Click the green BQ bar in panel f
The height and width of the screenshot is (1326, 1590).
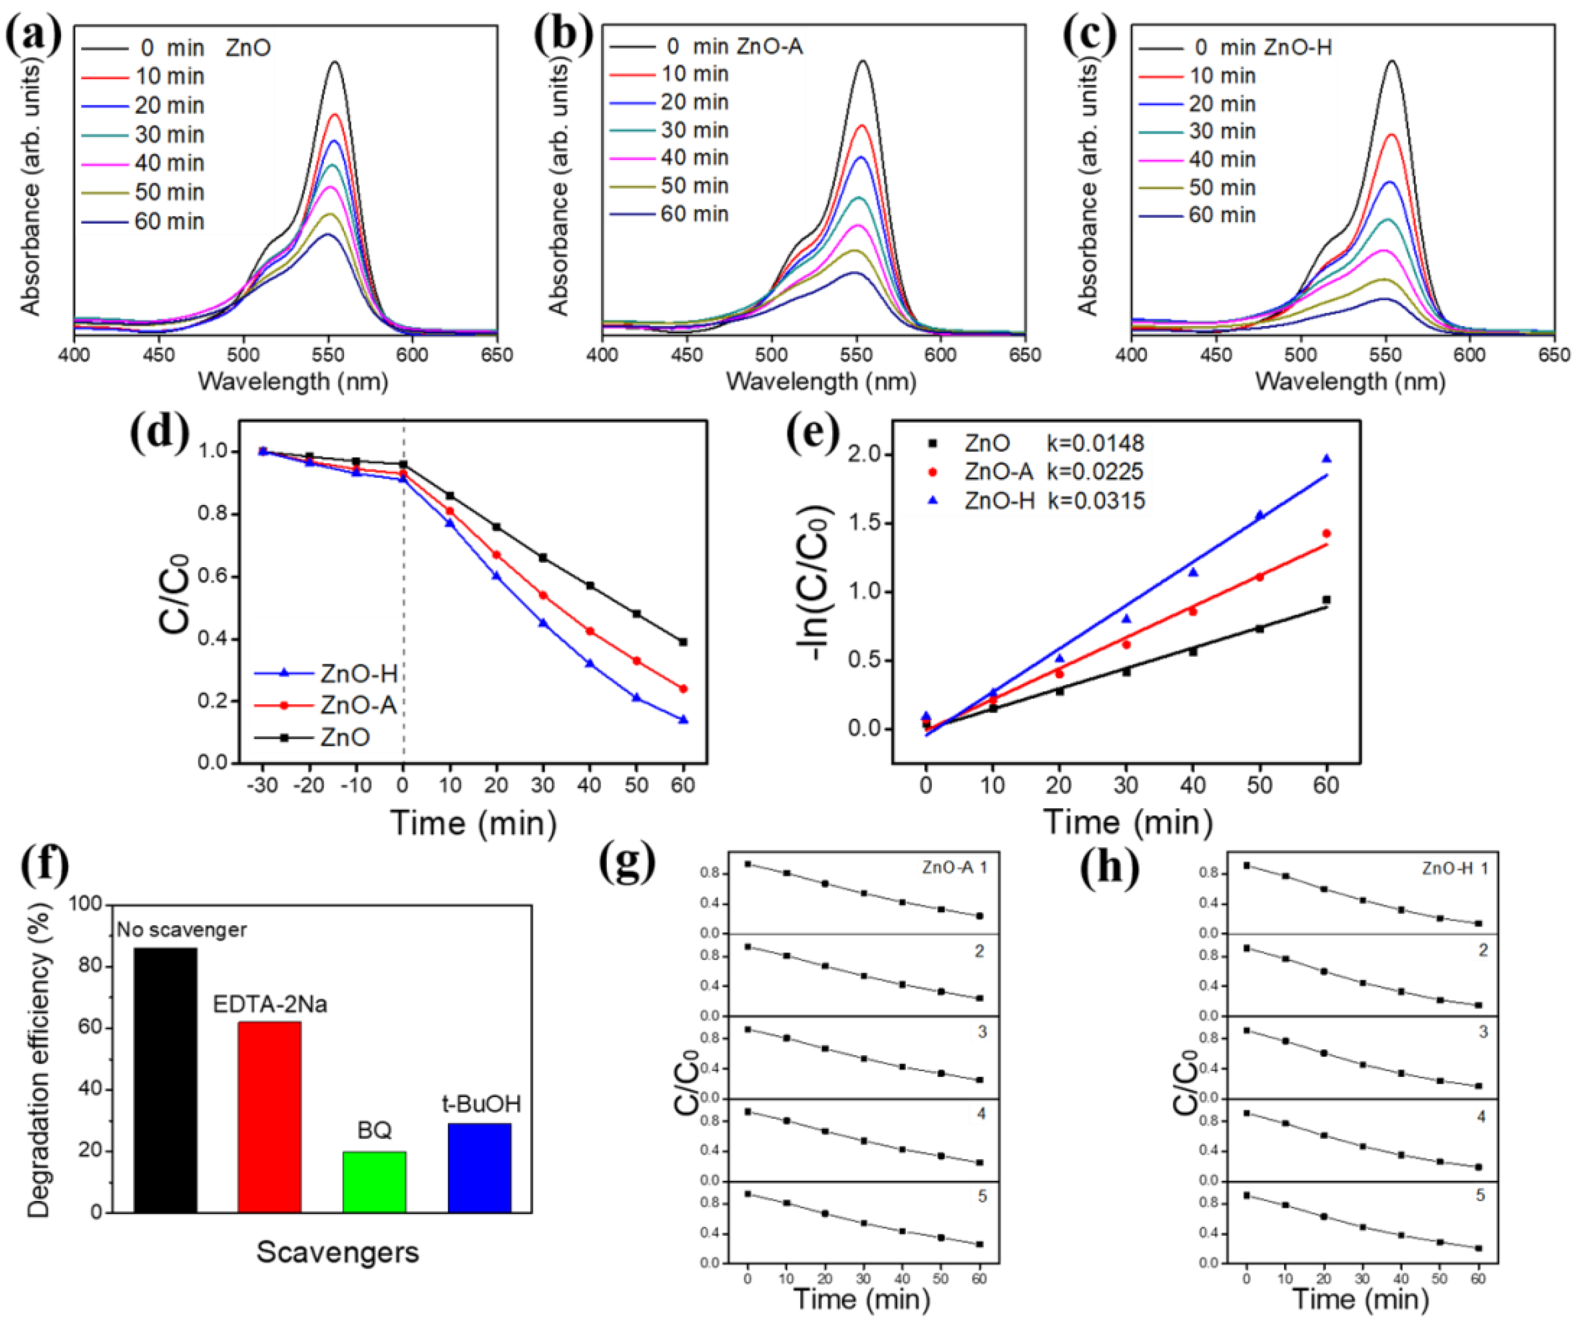coord(374,1181)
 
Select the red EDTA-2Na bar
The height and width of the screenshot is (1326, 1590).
coord(270,1117)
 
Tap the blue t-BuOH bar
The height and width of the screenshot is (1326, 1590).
coord(479,1167)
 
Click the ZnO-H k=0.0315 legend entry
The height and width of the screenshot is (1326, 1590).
coord(1053,501)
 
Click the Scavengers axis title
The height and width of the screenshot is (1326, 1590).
coord(337,1252)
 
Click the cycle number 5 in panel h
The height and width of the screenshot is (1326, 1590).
coord(1481,1195)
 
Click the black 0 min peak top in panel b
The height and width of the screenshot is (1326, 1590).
coord(862,62)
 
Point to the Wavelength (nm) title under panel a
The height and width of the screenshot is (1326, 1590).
coord(293,381)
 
